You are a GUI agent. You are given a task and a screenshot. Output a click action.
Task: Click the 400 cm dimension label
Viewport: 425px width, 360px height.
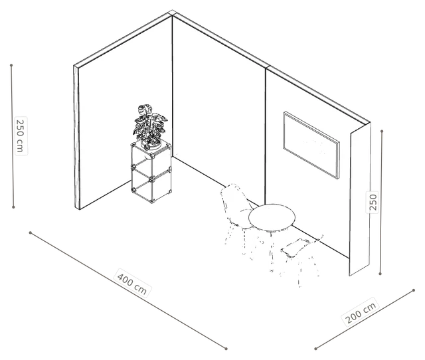coord(132,283)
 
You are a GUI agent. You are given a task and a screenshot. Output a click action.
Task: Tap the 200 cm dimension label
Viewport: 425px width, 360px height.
coord(361,312)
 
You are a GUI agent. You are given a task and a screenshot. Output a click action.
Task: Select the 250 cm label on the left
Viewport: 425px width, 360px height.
coord(21,135)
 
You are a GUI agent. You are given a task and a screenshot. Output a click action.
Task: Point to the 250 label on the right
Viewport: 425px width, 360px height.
coord(373,202)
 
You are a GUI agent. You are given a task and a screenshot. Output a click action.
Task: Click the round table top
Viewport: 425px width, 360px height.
coord(272,217)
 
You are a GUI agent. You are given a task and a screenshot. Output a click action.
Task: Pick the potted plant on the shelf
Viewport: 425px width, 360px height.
coord(150,127)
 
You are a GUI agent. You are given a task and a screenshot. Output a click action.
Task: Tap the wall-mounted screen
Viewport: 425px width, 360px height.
coord(311,145)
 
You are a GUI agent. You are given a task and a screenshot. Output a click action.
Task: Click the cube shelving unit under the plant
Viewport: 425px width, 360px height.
coord(151,172)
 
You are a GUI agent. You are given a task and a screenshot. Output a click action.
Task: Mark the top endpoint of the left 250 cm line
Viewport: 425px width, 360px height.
coord(11,65)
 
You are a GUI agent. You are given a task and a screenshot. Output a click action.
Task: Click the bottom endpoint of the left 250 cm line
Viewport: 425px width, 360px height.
coord(13,207)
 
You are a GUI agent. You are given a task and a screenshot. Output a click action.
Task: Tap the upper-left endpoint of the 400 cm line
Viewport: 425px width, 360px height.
coord(31,232)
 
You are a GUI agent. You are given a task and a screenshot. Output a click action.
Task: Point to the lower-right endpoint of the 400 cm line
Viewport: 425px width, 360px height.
coord(226,349)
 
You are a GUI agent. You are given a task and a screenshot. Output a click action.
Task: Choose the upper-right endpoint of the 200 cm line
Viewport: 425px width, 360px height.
coord(414,290)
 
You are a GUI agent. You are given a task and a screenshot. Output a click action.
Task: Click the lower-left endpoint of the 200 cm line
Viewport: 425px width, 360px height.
coord(316,349)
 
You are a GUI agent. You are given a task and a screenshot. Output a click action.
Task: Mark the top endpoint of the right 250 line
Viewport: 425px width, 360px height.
coord(382,132)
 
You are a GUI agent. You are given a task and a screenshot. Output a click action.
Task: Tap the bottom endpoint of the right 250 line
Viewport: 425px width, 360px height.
coord(380,274)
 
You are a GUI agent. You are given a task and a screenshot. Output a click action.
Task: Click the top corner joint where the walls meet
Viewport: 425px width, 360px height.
coord(172,13)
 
